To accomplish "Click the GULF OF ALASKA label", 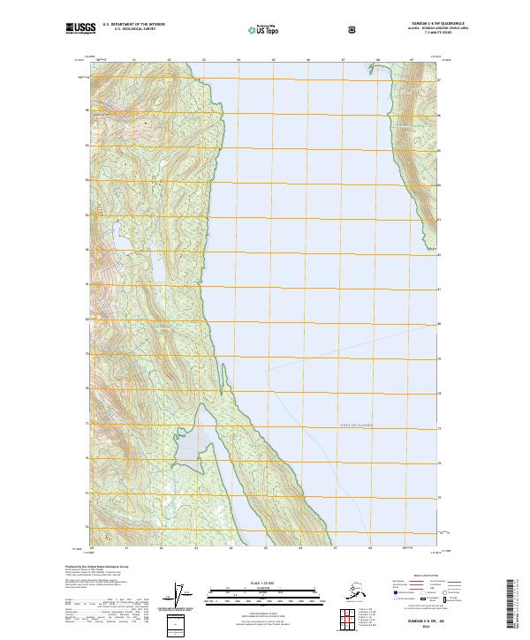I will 355,425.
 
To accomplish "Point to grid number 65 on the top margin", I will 273,60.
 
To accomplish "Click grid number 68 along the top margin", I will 378,60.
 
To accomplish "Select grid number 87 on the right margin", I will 438,80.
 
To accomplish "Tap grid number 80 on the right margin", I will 438,324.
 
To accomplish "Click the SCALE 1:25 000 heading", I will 265,582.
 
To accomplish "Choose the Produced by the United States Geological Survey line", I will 93,566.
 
